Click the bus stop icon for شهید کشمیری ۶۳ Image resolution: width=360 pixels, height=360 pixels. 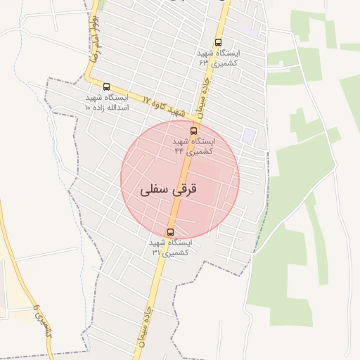[x=218, y=43]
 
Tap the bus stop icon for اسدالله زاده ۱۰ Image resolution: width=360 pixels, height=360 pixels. [x=106, y=86]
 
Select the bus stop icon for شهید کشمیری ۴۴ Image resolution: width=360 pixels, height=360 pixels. [x=194, y=131]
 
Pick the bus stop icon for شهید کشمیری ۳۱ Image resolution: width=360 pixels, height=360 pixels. [x=170, y=232]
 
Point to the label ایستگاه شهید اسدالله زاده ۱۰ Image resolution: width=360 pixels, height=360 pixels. [x=106, y=102]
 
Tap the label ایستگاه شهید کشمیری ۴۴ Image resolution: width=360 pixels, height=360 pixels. [x=194, y=146]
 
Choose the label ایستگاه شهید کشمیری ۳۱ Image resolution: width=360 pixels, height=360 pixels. [x=170, y=247]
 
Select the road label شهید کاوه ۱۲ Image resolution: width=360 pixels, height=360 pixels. [x=161, y=105]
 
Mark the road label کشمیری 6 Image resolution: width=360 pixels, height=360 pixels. [x=42, y=320]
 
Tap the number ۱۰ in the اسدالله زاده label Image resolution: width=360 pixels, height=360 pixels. [x=89, y=108]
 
